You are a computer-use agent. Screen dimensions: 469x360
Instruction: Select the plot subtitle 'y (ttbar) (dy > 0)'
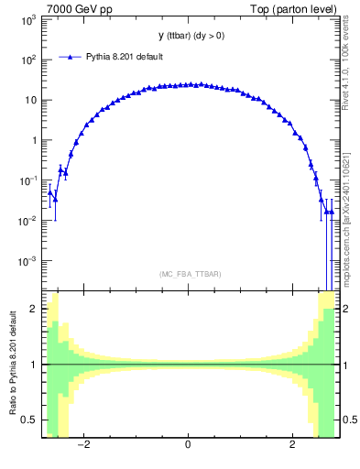(188, 36)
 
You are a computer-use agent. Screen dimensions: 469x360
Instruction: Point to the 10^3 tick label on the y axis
(28, 19)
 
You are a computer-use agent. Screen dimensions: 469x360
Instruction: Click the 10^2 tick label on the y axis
(28, 60)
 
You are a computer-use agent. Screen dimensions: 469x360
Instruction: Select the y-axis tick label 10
(31, 100)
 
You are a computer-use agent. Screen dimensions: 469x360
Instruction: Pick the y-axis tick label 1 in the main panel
(35, 140)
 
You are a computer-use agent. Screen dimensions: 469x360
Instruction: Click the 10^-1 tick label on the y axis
(28, 180)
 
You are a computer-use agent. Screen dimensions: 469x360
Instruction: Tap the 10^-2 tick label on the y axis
(28, 221)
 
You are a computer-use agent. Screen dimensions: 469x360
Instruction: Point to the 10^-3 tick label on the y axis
(28, 261)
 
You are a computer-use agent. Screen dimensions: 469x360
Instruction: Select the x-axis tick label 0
(188, 446)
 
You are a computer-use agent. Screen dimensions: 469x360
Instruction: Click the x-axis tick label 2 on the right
(292, 446)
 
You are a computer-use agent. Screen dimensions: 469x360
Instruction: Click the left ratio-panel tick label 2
(35, 310)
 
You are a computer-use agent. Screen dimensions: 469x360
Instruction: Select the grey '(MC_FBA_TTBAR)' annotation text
(187, 274)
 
